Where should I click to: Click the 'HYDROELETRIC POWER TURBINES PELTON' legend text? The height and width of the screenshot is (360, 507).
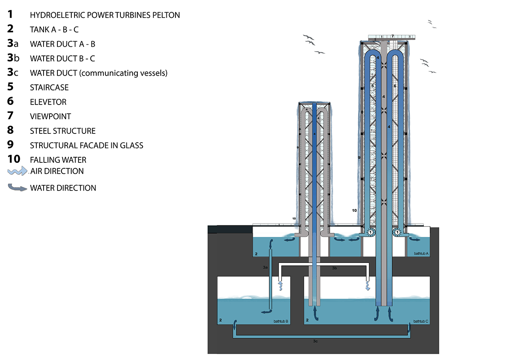tap(105, 15)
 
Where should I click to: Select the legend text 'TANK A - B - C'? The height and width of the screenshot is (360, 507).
tap(54, 30)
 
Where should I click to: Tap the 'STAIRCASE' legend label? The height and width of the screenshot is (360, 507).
tap(49, 88)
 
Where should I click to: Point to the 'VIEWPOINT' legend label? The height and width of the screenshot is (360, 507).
tap(50, 116)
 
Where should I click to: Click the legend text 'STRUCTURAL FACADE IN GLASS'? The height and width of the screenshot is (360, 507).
tap(87, 145)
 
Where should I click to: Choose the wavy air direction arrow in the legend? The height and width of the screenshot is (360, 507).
tap(17, 171)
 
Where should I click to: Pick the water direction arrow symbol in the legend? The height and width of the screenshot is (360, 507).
tap(17, 187)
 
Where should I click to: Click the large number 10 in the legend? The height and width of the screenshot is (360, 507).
tap(14, 159)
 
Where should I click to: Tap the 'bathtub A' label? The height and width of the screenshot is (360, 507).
tap(421, 253)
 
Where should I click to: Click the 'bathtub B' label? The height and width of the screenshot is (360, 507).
tap(281, 321)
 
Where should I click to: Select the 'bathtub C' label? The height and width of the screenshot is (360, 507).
tap(421, 321)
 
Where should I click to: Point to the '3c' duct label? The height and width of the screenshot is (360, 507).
tap(315, 341)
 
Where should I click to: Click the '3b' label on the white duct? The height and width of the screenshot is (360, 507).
tap(334, 268)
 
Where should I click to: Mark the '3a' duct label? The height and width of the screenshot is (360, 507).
tap(265, 267)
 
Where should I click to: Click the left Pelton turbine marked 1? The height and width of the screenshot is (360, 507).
tap(370, 232)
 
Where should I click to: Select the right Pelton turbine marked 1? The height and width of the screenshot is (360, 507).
tap(397, 232)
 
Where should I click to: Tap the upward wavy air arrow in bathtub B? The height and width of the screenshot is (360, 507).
tap(281, 286)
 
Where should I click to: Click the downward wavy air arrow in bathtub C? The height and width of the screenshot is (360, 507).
tap(368, 286)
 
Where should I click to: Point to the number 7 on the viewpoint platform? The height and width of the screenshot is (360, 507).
tap(393, 36)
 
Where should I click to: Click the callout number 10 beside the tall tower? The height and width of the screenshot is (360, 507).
tap(354, 210)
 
